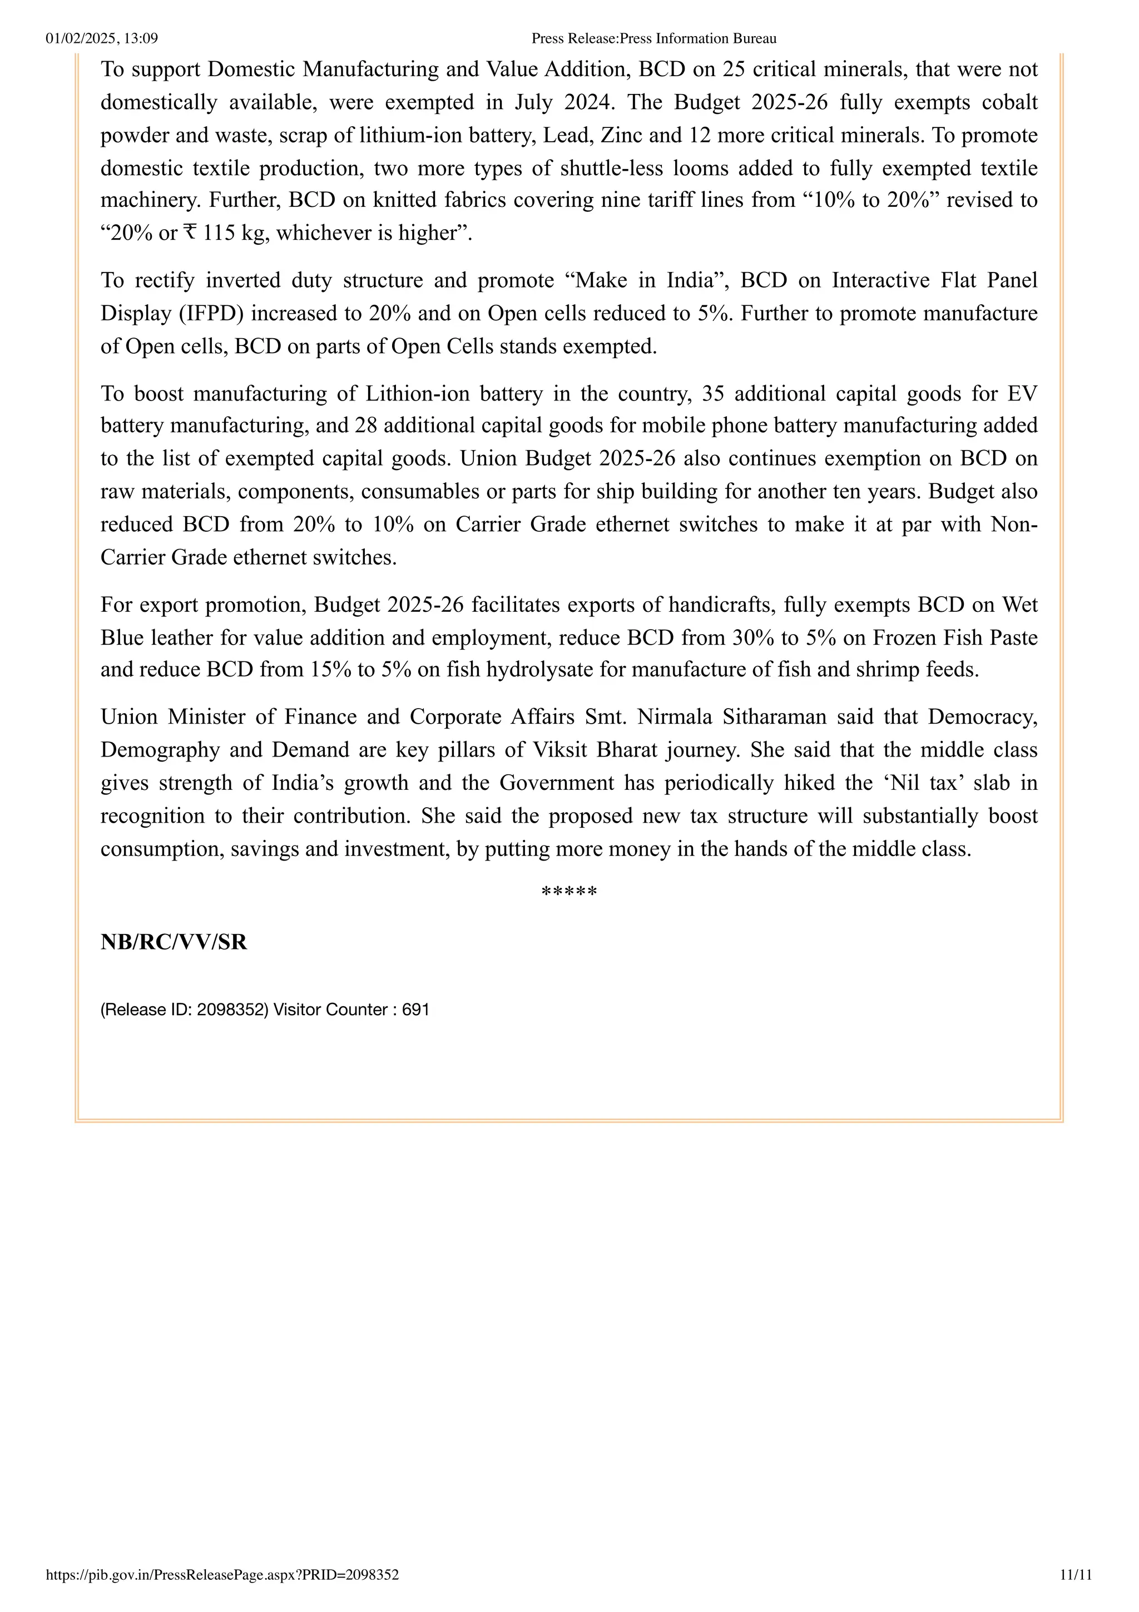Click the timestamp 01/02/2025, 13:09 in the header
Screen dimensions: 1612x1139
tap(102, 38)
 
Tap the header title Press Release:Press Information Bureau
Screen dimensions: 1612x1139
tap(653, 38)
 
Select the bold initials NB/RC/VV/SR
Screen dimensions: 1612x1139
tap(174, 942)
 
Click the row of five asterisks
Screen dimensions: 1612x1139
tap(569, 892)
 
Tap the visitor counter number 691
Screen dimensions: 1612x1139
tap(415, 1010)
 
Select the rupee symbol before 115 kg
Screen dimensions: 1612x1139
tap(190, 233)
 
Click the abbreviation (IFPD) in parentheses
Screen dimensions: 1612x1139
tap(211, 313)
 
